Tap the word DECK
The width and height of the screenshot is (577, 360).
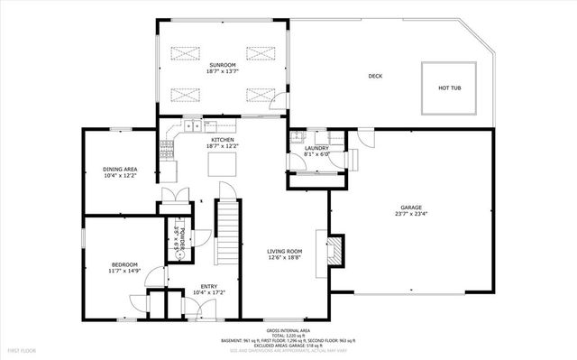374,77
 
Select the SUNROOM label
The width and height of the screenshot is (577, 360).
223,66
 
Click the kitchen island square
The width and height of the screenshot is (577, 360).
221,164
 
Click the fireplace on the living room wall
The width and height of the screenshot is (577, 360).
334,252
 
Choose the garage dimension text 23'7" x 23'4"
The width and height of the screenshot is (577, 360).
411,214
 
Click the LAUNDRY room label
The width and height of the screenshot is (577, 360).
316,147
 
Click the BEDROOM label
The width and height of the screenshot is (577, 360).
124,263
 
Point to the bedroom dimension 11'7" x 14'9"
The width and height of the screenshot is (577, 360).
124,271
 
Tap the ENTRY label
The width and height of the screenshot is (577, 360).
208,285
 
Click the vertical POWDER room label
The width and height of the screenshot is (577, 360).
181,237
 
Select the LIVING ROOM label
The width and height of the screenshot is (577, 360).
283,251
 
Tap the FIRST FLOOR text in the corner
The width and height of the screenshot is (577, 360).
23,349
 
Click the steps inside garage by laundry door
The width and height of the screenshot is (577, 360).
352,159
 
